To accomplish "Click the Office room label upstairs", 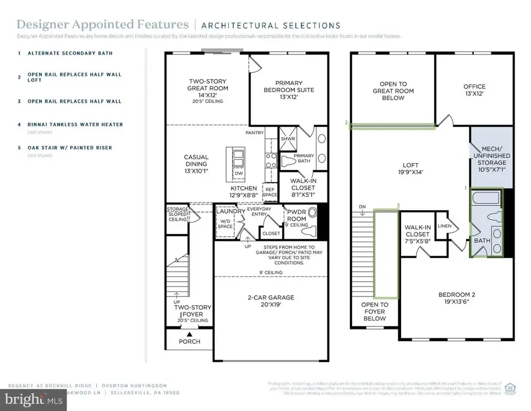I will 474,90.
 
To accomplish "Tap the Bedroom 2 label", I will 461,298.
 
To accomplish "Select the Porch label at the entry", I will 189,341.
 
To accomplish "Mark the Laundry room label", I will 230,211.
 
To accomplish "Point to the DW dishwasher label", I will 238,174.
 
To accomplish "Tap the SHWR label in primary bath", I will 289,139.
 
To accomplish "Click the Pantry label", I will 254,133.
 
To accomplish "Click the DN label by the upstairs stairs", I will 363,206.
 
